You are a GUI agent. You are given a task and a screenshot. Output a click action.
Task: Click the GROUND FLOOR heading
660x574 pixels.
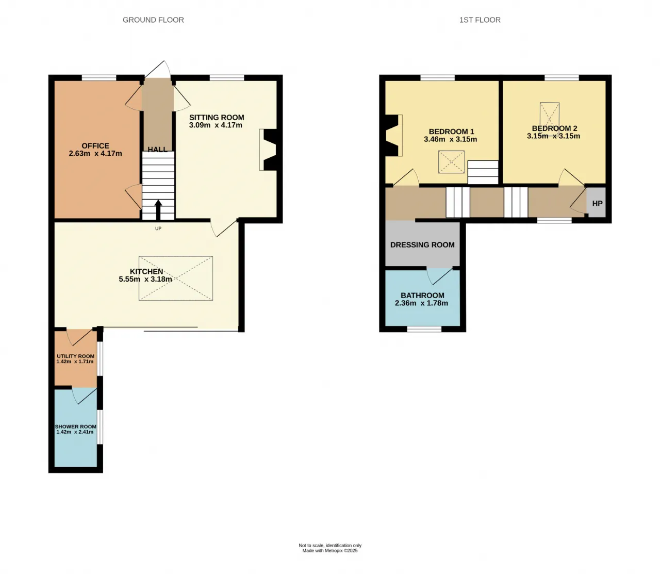pyautogui.click(x=153, y=20)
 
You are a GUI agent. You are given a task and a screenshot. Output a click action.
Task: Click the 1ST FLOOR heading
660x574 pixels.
pyautogui.click(x=480, y=20)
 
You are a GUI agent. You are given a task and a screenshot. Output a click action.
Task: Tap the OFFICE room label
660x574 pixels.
pyautogui.click(x=95, y=146)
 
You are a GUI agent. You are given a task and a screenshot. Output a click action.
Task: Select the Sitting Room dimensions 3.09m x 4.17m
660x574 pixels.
pyautogui.click(x=216, y=125)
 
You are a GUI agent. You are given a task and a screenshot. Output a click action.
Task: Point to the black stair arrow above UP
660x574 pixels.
pyautogui.click(x=158, y=210)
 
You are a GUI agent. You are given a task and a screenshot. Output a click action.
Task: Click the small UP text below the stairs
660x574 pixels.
pyautogui.click(x=158, y=228)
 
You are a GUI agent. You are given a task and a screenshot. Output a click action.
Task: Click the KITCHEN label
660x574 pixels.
pyautogui.click(x=146, y=271)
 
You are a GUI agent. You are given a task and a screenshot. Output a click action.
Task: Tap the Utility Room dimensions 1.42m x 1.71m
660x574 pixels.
pyautogui.click(x=75, y=362)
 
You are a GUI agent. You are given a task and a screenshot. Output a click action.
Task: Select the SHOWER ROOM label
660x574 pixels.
pyautogui.click(x=75, y=427)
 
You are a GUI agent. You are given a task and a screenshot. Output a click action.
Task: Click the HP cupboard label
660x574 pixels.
pyautogui.click(x=597, y=204)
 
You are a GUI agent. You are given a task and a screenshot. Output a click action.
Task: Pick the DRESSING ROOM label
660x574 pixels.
pyautogui.click(x=422, y=245)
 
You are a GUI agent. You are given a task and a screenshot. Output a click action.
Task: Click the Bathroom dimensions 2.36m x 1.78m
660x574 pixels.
pyautogui.click(x=421, y=303)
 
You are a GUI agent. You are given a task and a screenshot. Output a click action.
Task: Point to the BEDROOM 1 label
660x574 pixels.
pyautogui.click(x=451, y=132)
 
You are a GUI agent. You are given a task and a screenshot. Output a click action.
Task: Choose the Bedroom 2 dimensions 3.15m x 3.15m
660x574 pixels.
pyautogui.click(x=554, y=136)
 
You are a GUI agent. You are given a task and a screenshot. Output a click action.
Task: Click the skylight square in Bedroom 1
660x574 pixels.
pyautogui.click(x=451, y=161)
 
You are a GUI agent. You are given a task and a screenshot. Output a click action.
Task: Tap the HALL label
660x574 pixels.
pyautogui.click(x=157, y=150)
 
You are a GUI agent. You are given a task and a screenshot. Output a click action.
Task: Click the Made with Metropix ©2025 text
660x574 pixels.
pyautogui.click(x=330, y=550)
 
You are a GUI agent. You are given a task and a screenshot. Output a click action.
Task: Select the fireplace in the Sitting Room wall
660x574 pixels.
pyautogui.click(x=269, y=150)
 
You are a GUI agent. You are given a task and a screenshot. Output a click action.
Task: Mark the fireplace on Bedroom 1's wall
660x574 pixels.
pyautogui.click(x=394, y=135)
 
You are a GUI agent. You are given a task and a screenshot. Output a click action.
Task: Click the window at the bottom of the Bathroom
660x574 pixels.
pyautogui.click(x=424, y=329)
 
